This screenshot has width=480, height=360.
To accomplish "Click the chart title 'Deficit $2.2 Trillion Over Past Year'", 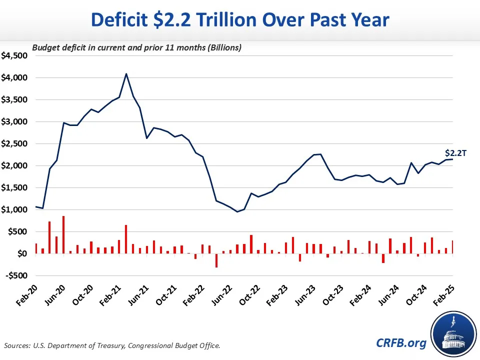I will [x=240, y=20].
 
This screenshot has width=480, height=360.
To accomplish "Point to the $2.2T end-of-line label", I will [x=455, y=153].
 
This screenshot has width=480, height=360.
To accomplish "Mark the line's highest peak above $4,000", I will [x=126, y=73].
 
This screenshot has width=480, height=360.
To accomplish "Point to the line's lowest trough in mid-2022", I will [x=237, y=211].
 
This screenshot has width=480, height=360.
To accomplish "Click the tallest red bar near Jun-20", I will [x=63, y=234].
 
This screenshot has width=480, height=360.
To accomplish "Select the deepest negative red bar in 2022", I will [x=216, y=260].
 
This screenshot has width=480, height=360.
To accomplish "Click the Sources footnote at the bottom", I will [x=112, y=345].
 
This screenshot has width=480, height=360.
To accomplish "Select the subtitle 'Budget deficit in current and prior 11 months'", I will [x=137, y=48].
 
